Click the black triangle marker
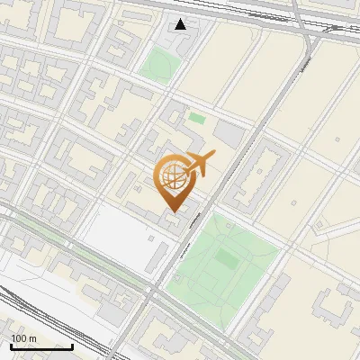coord(181,24)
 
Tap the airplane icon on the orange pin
coord(200,164)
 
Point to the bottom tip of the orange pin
coord(172,212)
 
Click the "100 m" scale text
coord(23,338)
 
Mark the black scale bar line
coord(41,346)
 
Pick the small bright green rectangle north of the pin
coord(196,118)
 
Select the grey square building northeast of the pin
coord(230,135)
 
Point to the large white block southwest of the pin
coord(117,238)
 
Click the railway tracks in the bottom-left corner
coord(36,310)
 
